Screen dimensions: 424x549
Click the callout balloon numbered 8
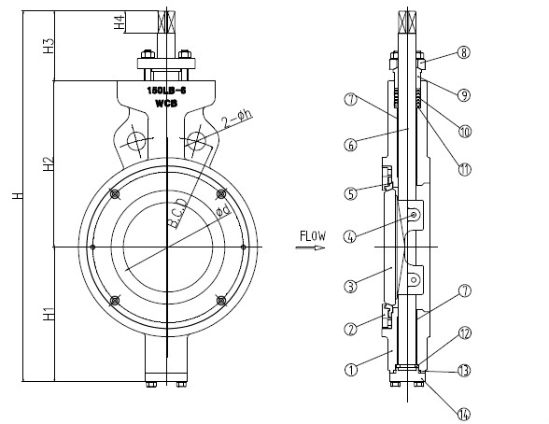point(464,53)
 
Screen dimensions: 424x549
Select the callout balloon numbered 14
point(464,414)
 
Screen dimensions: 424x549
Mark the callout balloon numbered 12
point(464,333)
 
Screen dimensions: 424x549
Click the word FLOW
point(312,235)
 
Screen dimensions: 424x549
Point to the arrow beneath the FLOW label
point(312,247)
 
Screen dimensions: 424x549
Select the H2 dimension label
point(47,165)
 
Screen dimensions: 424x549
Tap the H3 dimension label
point(47,43)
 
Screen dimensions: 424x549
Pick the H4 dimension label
point(119,21)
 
